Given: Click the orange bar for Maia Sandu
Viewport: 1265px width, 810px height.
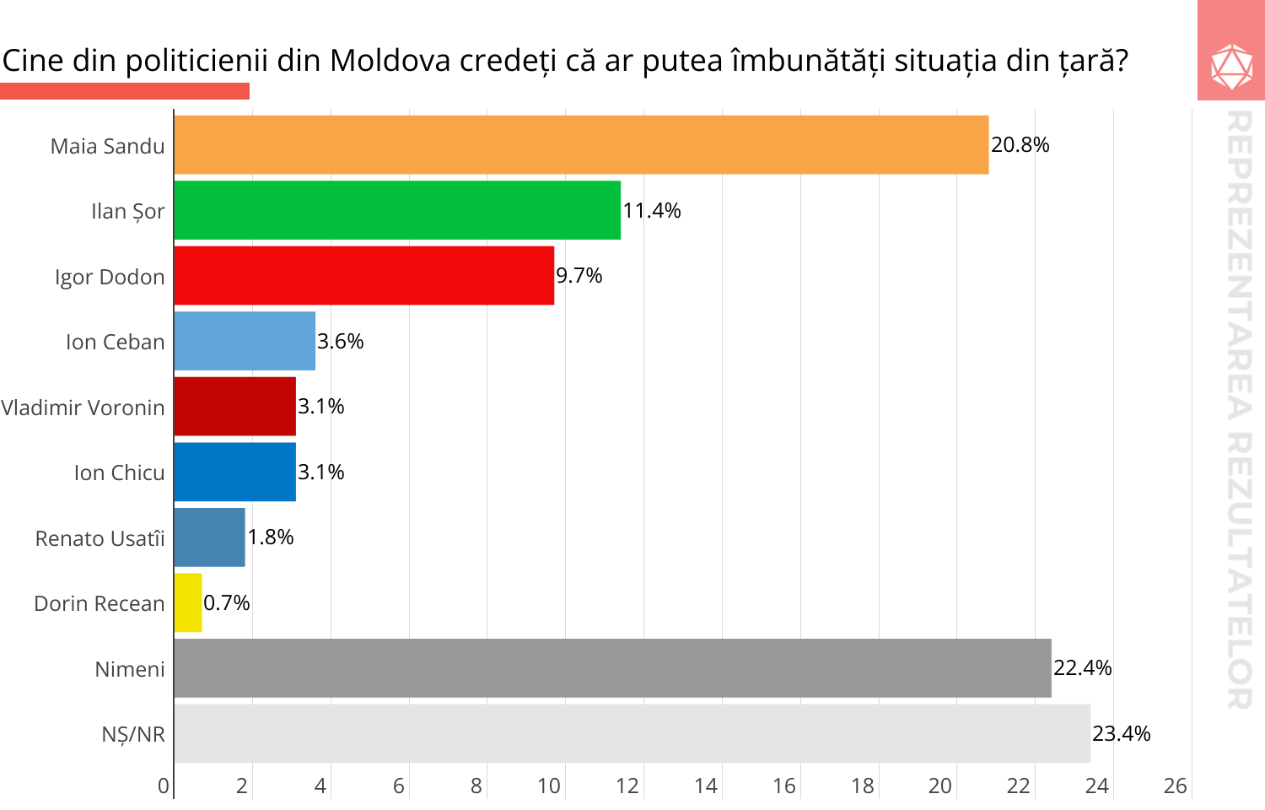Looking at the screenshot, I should point(581,145).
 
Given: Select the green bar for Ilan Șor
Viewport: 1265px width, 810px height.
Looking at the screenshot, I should point(397,210).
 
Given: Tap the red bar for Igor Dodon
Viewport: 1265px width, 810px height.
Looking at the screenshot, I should point(364,276).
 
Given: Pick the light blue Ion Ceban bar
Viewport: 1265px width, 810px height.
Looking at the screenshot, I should point(245,341).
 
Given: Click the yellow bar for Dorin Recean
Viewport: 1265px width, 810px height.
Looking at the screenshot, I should point(188,602).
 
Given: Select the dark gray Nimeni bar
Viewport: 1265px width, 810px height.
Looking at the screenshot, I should point(612,668).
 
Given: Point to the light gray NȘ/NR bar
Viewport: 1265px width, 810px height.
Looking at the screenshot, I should point(632,733).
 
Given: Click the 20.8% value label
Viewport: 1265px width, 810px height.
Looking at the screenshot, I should point(1020,145).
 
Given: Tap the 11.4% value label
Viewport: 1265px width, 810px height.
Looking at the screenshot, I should point(651,210).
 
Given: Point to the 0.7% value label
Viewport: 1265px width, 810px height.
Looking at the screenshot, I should point(226,602).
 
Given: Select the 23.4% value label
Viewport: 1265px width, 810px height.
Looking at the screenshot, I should point(1121,733).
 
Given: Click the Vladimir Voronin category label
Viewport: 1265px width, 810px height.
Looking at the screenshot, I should point(83,408).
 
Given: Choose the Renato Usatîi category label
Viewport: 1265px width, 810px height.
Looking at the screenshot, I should point(100,538).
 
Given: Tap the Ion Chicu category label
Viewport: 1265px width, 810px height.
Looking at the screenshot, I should point(119,472).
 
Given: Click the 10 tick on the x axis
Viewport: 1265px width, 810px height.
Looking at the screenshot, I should point(549,786).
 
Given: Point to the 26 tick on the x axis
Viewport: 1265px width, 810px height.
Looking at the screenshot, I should point(1175,786).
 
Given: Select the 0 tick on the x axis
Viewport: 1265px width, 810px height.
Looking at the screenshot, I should point(164,786).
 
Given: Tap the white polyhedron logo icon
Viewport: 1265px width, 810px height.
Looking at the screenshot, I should point(1231,66).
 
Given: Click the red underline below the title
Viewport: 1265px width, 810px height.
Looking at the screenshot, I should point(125,91).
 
